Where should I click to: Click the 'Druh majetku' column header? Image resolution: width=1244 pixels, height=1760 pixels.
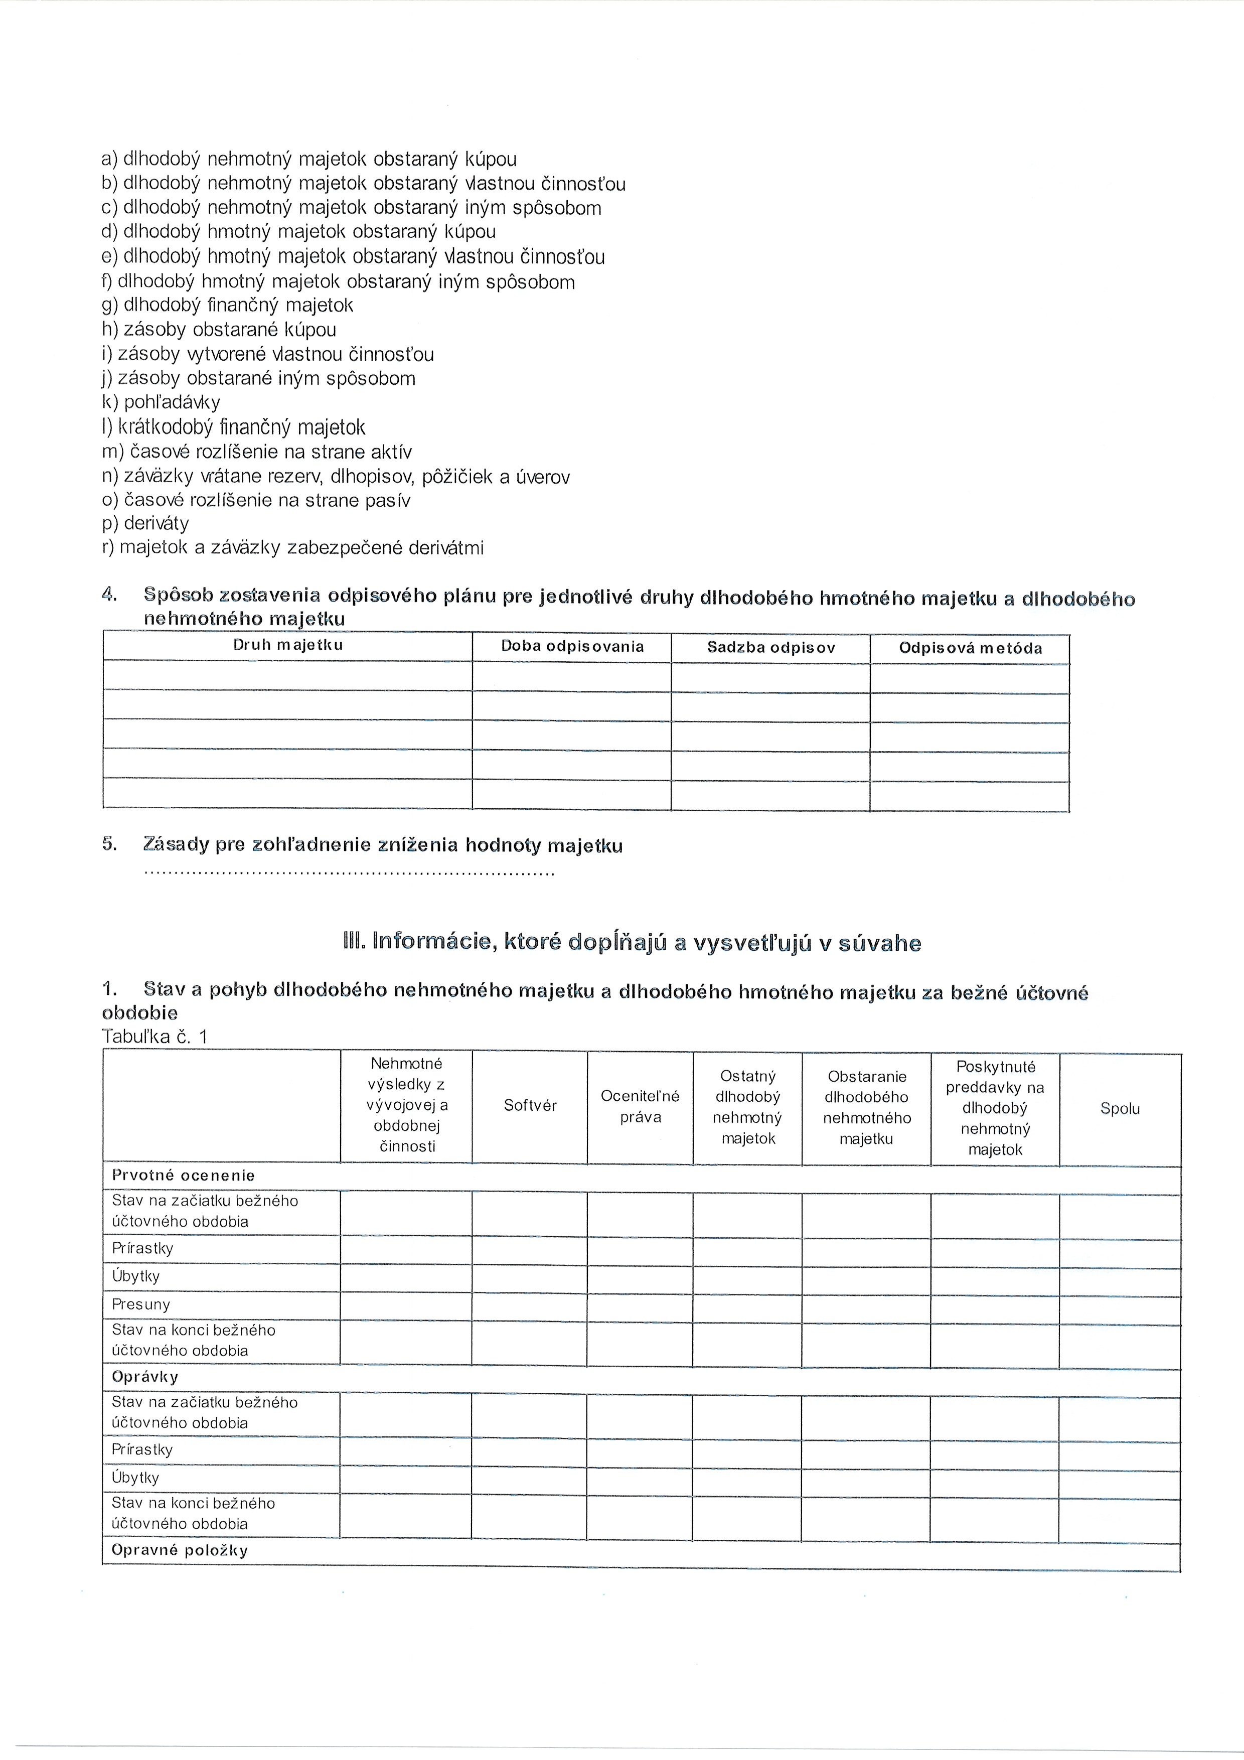point(287,645)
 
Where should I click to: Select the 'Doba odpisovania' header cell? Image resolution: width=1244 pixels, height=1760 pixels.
point(572,646)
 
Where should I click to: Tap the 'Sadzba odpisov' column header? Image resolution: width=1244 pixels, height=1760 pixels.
point(770,648)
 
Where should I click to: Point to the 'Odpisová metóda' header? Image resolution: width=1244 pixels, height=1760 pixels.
point(970,649)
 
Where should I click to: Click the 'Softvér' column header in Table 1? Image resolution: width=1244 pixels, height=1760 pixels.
point(530,1105)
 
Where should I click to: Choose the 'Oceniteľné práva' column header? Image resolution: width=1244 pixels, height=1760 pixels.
point(640,1106)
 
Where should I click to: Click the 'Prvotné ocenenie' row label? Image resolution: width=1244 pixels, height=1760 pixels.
point(183,1175)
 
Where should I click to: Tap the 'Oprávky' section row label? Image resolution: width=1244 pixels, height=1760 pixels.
point(145,1377)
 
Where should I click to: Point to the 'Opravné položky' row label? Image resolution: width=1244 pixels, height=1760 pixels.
point(180,1550)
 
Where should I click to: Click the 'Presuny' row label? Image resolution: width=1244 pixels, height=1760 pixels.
point(141,1304)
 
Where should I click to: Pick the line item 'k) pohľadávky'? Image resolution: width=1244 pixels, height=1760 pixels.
point(161,402)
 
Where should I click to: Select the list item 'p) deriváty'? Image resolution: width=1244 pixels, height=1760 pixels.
point(145,524)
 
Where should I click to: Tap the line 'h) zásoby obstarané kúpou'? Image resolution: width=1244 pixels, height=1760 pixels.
point(219,330)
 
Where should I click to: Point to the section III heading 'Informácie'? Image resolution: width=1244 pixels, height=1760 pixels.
point(633,943)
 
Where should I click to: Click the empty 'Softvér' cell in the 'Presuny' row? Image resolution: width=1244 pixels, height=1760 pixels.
point(530,1305)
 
